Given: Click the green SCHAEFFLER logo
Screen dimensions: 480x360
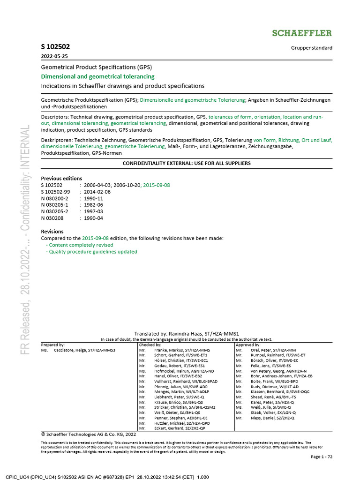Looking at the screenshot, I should [x=302, y=33].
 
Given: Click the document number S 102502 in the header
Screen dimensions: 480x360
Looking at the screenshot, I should [x=56, y=47].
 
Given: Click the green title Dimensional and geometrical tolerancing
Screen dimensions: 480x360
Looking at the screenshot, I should [x=97, y=76].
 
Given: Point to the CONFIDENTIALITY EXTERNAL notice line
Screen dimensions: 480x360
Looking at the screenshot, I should [x=187, y=163].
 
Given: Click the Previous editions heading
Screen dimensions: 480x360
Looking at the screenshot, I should [x=61, y=179].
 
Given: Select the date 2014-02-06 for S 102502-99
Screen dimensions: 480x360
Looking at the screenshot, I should [x=97, y=192].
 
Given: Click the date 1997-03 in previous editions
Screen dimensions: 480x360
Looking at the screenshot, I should [x=93, y=211].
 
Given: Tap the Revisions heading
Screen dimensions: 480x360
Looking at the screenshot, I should [x=52, y=232].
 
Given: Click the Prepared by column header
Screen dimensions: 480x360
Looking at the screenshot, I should [x=53, y=345].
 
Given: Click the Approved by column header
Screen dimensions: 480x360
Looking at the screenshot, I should [x=248, y=345].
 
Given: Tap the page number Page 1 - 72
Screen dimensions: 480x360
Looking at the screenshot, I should [x=322, y=457].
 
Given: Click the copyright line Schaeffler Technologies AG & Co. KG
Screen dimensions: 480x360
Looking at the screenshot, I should [x=89, y=435].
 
